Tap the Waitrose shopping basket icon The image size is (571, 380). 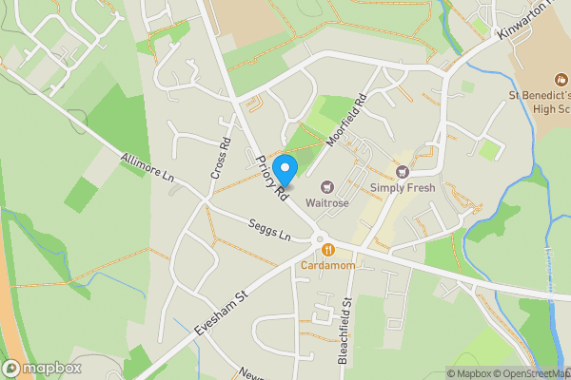pos(327,187)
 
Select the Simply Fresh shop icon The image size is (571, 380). pos(403,172)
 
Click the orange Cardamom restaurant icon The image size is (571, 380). pos(328,250)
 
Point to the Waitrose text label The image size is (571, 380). pos(327,203)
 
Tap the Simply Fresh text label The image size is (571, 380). pos(403,188)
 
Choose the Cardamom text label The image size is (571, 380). pos(328,266)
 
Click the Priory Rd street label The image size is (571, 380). pos(271,179)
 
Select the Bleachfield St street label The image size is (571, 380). pos(345,328)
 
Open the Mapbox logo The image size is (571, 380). pos(42,368)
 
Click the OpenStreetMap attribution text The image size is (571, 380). pos(527,373)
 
